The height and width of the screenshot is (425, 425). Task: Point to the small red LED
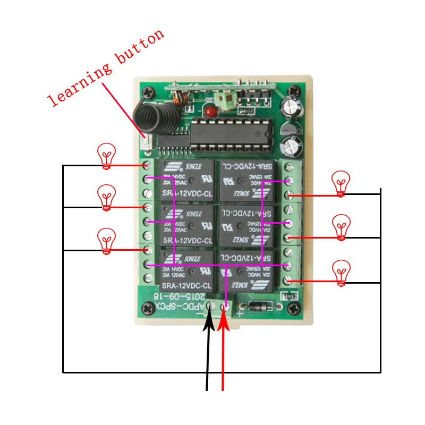[211, 112]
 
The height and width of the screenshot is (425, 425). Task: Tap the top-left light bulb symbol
[107, 156]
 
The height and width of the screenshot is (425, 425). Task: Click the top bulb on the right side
[341, 183]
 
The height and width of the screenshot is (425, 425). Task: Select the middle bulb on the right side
[341, 226]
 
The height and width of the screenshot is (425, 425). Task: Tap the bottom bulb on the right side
[341, 272]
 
